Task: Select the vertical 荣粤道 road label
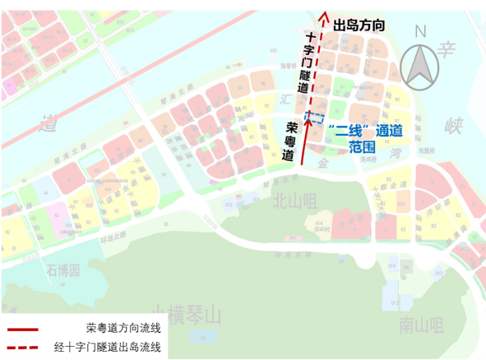point(289,141)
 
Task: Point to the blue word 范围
point(362,148)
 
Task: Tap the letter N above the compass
point(420,32)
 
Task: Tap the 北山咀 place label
point(294,200)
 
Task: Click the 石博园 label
point(63,270)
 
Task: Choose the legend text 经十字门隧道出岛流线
point(106,347)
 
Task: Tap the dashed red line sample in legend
point(23,348)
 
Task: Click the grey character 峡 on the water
point(455,126)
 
